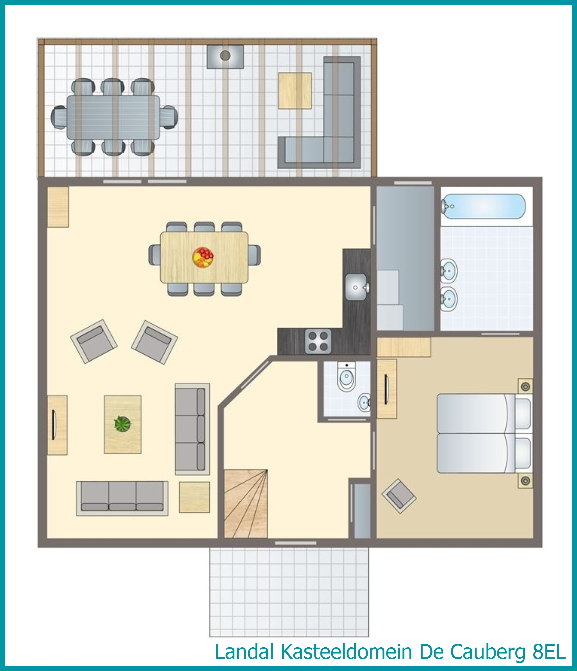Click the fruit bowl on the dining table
(203, 258)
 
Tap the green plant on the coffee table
(123, 423)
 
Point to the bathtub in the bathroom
(483, 206)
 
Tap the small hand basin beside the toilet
(364, 403)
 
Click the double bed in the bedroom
(485, 433)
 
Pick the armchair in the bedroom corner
(399, 496)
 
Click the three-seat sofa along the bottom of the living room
(122, 498)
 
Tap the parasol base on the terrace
(225, 56)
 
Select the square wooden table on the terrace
(295, 91)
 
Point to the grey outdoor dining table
(113, 117)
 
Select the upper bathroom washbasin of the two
(449, 271)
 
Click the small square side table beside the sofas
(194, 497)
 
